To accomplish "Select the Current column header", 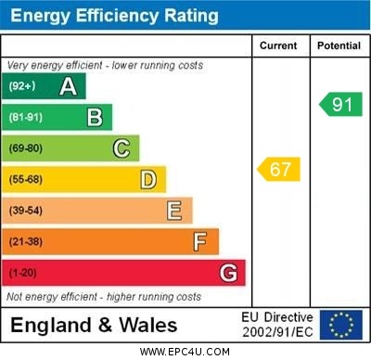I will (x=278, y=45).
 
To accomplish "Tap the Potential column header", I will (x=339, y=45).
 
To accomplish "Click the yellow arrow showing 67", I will (x=278, y=170).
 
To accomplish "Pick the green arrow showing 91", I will (x=340, y=104).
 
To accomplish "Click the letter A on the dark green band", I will (x=68, y=86).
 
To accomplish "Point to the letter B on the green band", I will (x=95, y=117).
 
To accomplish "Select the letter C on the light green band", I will (x=122, y=148).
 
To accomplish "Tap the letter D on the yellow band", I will (x=148, y=179).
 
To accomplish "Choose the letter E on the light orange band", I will (x=174, y=211).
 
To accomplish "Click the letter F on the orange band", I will (x=200, y=242).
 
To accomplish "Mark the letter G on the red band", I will (x=228, y=273).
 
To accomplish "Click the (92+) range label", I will (x=22, y=86).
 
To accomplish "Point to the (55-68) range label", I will (x=27, y=180).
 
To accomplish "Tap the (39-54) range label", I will (x=27, y=212).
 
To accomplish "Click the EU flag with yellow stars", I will (x=340, y=324).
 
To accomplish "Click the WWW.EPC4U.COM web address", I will (x=185, y=352).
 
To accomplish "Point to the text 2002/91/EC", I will (x=277, y=331).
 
